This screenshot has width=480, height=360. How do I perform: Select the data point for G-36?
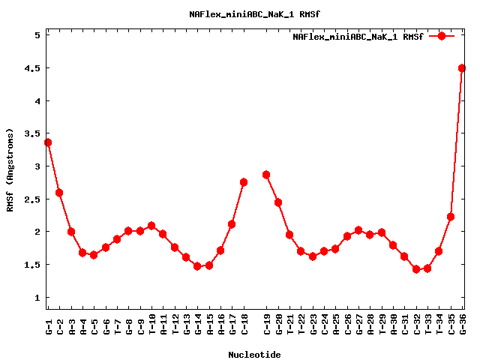tap(462, 68)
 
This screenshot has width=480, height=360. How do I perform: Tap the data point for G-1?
tap(48, 142)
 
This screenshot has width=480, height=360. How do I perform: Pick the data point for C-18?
tap(244, 182)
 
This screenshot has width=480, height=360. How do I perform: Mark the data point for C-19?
tap(266, 175)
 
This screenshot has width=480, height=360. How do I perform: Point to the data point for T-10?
tap(151, 226)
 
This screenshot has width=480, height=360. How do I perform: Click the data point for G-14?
tap(197, 266)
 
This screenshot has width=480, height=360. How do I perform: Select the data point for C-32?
tap(416, 269)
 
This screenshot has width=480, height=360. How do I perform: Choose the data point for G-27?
tap(358, 230)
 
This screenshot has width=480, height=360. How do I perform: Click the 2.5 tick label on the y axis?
tap(32, 199)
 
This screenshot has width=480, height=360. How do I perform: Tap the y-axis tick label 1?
tap(36, 298)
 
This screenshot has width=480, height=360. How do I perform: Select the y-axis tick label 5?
tap(36, 35)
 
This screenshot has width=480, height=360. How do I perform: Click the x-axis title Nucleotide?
tap(255, 355)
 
